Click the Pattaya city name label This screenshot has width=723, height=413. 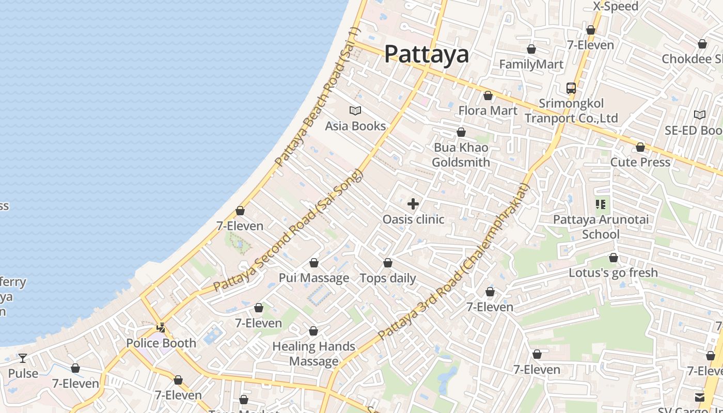pyautogui.click(x=427, y=54)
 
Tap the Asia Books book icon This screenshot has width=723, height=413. pyautogui.click(x=355, y=110)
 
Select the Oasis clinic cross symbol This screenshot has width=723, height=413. pyautogui.click(x=413, y=203)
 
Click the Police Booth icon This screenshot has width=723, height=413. pyautogui.click(x=161, y=327)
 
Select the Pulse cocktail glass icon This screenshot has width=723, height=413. pyautogui.click(x=23, y=358)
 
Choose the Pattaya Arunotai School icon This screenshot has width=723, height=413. pyautogui.click(x=601, y=204)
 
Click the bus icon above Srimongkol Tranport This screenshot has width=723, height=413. pyautogui.click(x=571, y=88)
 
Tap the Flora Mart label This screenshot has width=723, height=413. pyautogui.click(x=488, y=110)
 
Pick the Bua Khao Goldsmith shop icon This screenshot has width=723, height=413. pyautogui.click(x=461, y=133)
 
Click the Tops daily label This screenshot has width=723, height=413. pyautogui.click(x=388, y=278)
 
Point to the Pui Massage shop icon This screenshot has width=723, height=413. pyautogui.click(x=313, y=263)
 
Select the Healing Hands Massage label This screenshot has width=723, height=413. pyautogui.click(x=314, y=354)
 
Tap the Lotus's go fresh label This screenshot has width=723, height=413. pyautogui.click(x=614, y=273)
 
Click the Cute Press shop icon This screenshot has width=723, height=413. pyautogui.click(x=640, y=148)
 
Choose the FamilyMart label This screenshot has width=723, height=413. pyautogui.click(x=531, y=65)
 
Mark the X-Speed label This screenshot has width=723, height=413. pyautogui.click(x=616, y=7)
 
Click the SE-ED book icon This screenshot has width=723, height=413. pyautogui.click(x=700, y=115)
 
